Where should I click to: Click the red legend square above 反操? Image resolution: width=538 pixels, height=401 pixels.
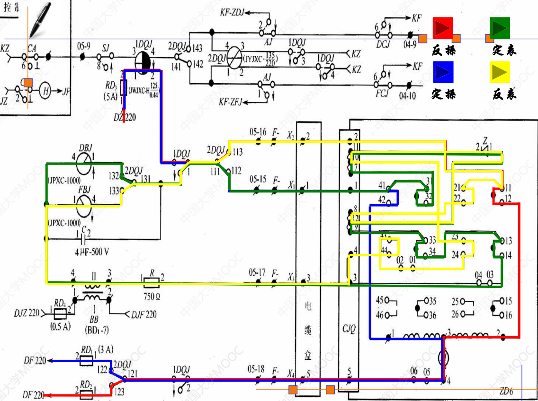(x=443, y=28)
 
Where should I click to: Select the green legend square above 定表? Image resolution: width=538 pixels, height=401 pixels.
(x=500, y=28)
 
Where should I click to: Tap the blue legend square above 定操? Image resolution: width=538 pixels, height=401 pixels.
(x=443, y=72)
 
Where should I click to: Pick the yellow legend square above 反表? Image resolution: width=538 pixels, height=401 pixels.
(x=500, y=72)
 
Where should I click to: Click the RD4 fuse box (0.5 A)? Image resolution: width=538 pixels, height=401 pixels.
(x=60, y=313)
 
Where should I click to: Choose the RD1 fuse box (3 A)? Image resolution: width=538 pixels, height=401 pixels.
(x=86, y=361)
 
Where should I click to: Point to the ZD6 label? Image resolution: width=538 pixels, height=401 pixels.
(x=506, y=392)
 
